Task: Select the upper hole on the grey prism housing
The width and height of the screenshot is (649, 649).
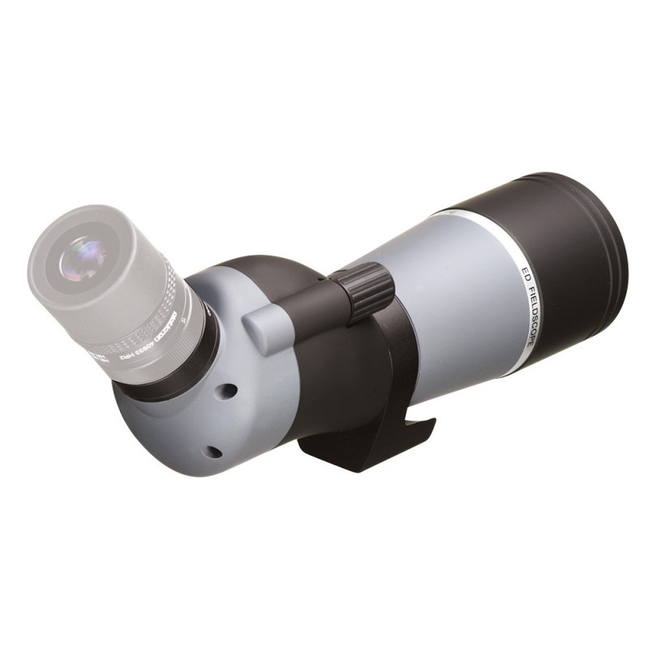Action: (229, 390)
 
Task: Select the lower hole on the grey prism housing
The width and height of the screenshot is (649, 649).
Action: (213, 450)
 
